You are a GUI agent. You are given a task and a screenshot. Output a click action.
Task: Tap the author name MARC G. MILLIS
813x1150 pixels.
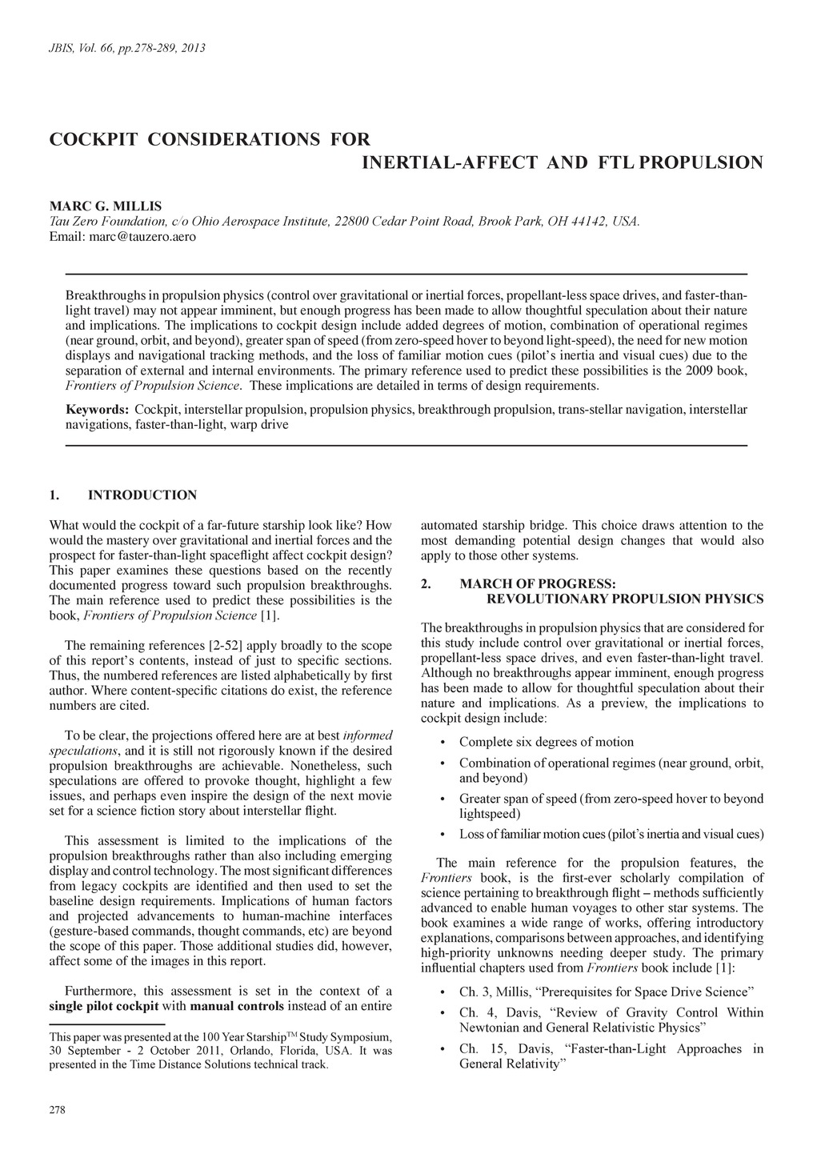tap(106, 206)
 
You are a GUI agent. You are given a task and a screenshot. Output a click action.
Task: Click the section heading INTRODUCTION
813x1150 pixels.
tap(142, 495)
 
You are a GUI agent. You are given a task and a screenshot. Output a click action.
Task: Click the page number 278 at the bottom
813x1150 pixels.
tap(58, 1110)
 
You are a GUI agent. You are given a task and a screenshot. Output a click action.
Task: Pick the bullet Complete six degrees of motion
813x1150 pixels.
tap(546, 742)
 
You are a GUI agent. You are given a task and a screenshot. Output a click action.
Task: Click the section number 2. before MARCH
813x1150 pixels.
tap(427, 584)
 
